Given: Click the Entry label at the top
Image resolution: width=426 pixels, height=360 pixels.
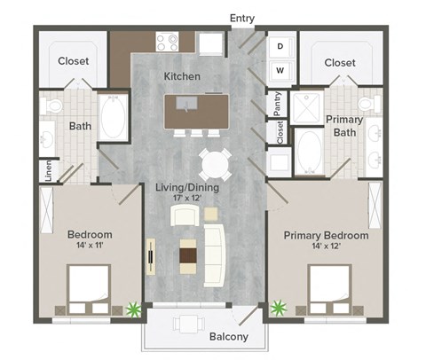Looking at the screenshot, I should [241, 17].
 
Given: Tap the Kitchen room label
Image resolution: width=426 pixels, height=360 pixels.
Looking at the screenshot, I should [182, 77].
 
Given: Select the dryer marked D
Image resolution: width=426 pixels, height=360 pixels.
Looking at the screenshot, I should [280, 46].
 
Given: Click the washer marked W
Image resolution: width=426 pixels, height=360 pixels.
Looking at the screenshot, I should [280, 69].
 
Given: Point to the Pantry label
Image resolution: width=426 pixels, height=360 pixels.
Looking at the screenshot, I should [278, 103].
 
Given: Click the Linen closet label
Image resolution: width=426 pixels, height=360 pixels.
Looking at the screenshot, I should [47, 168].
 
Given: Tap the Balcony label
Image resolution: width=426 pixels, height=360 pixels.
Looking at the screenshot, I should [228, 337].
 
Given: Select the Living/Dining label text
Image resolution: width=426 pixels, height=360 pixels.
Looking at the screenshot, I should [187, 188].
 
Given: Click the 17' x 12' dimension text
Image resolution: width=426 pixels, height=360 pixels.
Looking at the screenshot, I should [187, 200].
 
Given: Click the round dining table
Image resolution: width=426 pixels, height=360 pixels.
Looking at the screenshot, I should [216, 164].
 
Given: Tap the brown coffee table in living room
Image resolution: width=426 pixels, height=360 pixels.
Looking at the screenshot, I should [189, 256].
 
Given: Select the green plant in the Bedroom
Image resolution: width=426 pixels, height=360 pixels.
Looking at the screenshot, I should [134, 309].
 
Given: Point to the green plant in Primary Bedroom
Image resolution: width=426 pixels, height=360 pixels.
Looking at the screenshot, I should [280, 309].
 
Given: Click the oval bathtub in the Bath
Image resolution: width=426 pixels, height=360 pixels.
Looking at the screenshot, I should [114, 115].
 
